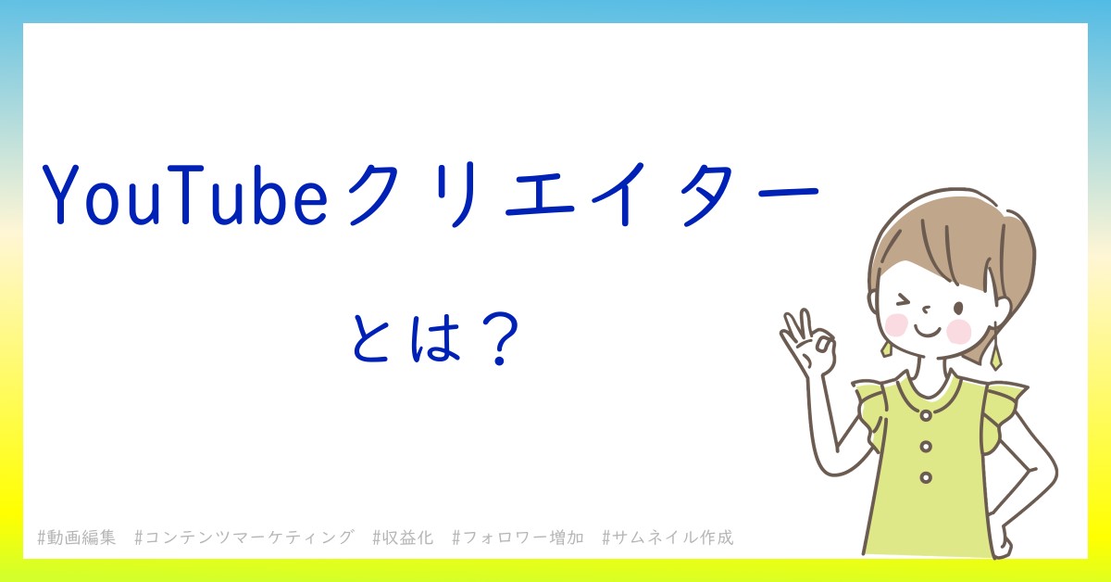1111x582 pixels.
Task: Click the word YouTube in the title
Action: coord(185,195)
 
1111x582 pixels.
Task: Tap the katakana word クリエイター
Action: coord(583,195)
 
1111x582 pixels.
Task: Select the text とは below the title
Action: coord(406,337)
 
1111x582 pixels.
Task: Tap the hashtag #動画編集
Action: coord(76,538)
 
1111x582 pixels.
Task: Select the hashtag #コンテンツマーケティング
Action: coord(245,538)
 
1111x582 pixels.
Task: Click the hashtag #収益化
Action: coord(404,538)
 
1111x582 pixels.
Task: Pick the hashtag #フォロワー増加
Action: coord(518,538)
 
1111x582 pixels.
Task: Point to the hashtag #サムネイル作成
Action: coord(668,538)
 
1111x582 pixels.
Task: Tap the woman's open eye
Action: coord(958,309)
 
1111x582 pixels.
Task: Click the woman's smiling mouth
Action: coord(928,331)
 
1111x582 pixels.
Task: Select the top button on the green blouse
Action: coord(926,415)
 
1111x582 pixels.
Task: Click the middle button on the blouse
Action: coord(926,447)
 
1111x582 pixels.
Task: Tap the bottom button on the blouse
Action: coord(926,477)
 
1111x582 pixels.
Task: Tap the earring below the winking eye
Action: coord(886,348)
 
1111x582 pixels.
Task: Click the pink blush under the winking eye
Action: coord(896,324)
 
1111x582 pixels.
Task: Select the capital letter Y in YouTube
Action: coord(61,195)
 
